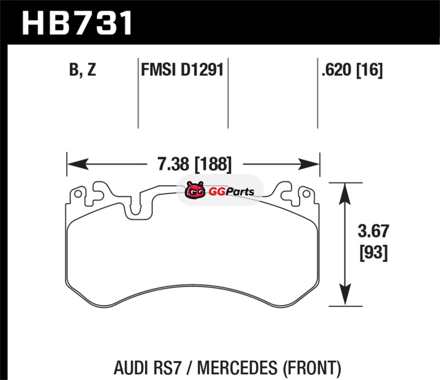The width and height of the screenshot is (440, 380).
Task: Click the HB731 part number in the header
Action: [x=77, y=22]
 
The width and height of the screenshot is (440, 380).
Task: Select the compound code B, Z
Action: [x=82, y=70]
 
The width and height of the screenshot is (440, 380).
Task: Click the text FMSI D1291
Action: [x=182, y=70]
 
